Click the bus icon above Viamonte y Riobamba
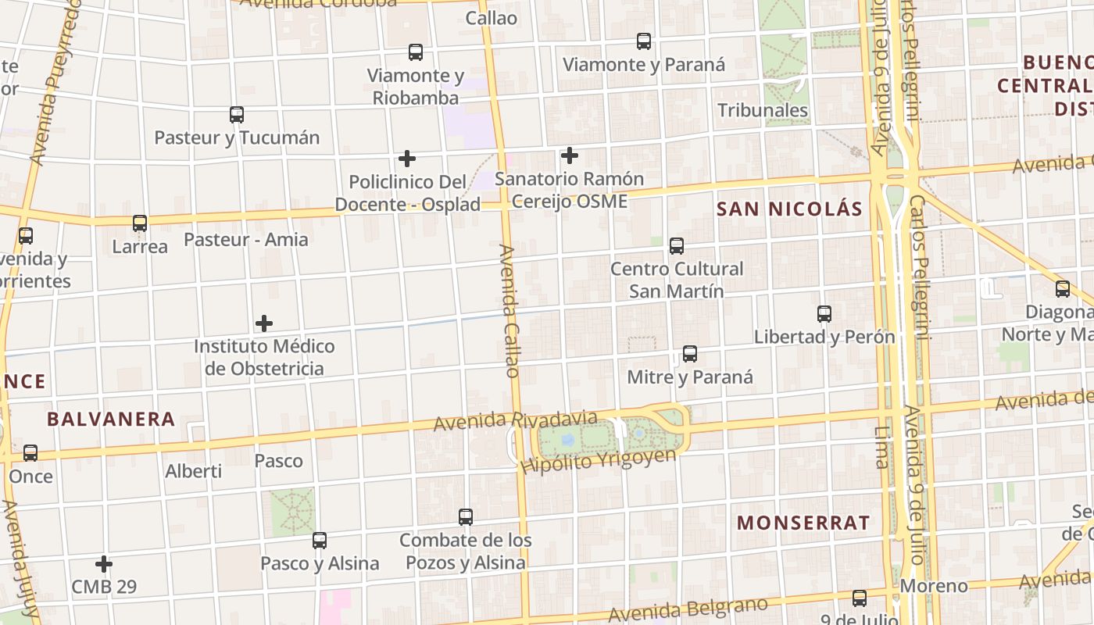pyautogui.click(x=416, y=52)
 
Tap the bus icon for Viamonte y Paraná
pyautogui.click(x=644, y=41)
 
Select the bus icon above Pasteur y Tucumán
pyautogui.click(x=237, y=115)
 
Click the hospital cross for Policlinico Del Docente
pyautogui.click(x=407, y=159)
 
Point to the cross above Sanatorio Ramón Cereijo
pyautogui.click(x=570, y=155)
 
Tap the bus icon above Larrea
pyautogui.click(x=140, y=223)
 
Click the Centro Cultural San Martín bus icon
pyautogui.click(x=677, y=246)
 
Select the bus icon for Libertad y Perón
pyautogui.click(x=824, y=314)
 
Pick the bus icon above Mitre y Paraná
pyautogui.click(x=690, y=354)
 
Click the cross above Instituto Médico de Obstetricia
pyautogui.click(x=264, y=323)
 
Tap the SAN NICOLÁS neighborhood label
pyautogui.click(x=789, y=209)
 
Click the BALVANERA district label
pyautogui.click(x=111, y=419)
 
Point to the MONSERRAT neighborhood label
pyautogui.click(x=803, y=523)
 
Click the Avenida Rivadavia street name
pyautogui.click(x=515, y=421)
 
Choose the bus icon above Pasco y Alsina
pyautogui.click(x=320, y=540)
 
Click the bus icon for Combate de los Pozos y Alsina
pyautogui.click(x=466, y=516)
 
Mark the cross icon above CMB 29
pyautogui.click(x=104, y=563)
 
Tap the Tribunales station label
pyautogui.click(x=763, y=110)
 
